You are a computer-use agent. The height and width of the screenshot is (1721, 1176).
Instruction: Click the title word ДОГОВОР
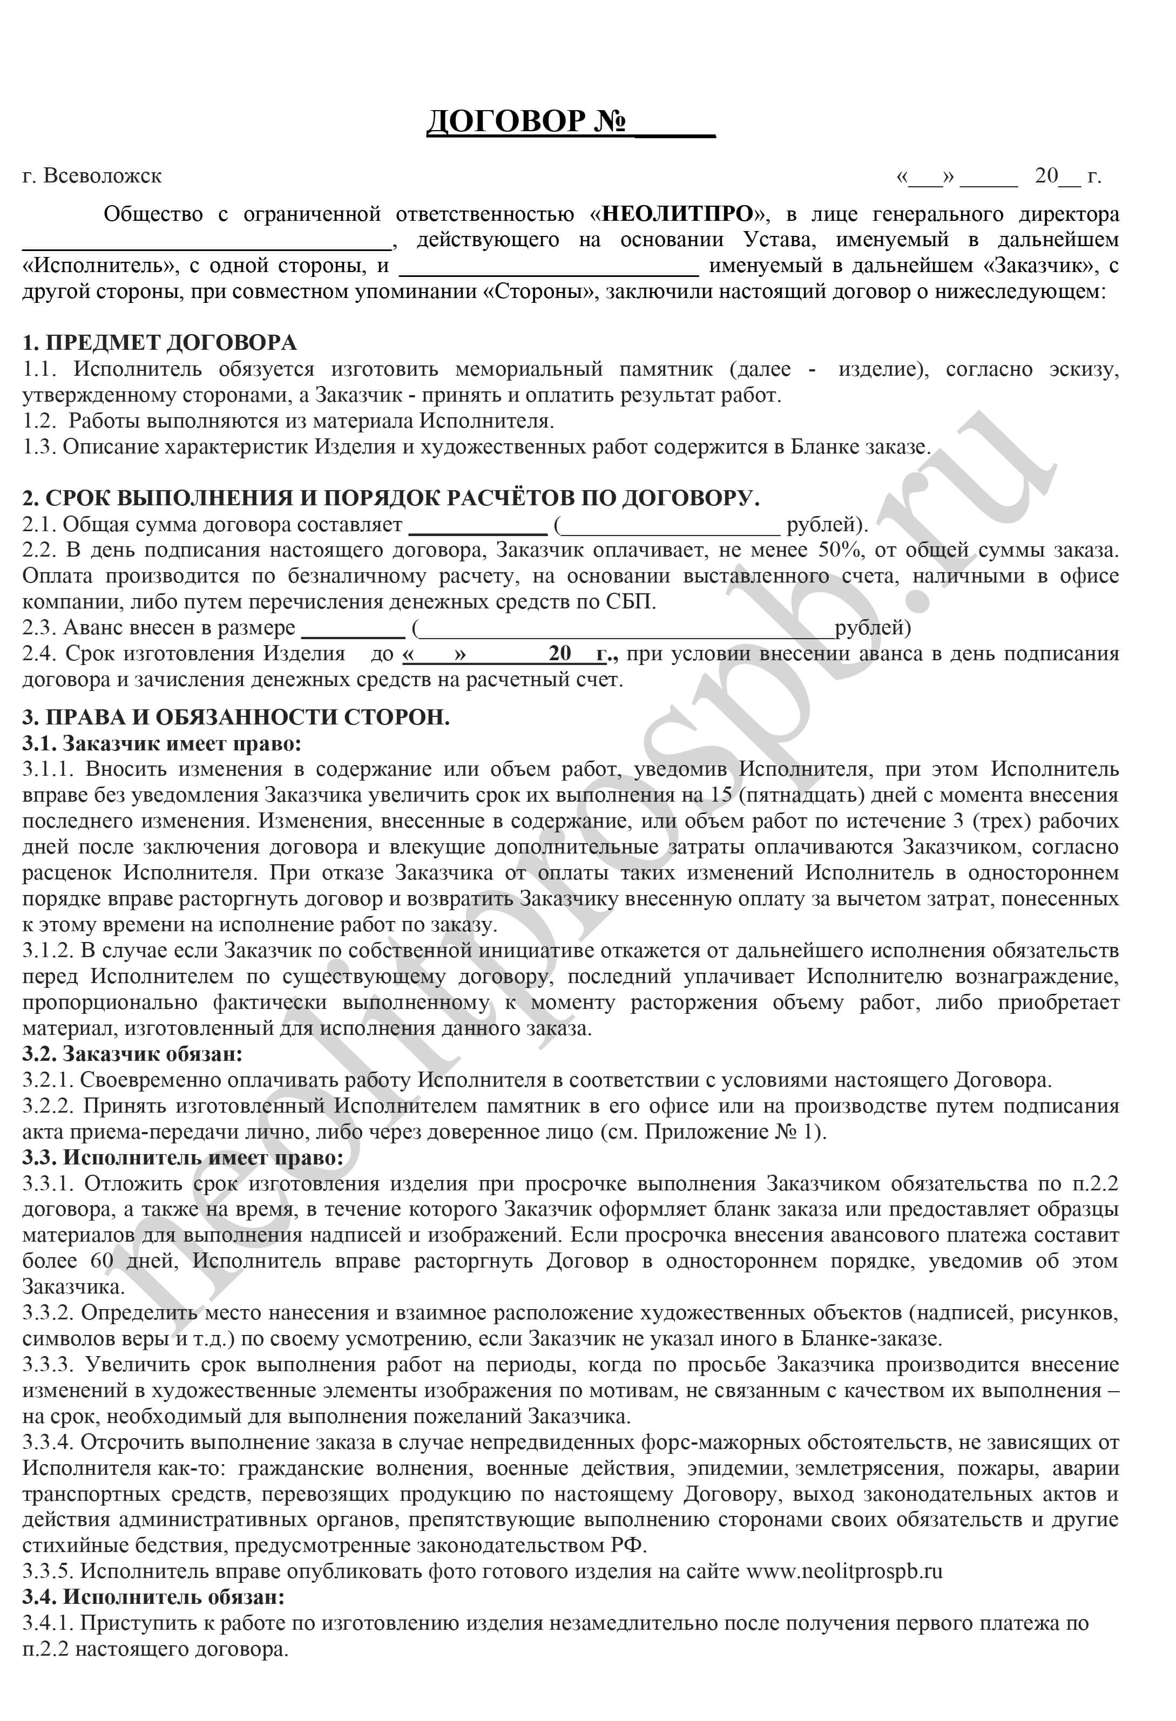click(506, 121)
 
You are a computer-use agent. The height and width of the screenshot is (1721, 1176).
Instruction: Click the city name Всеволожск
click(102, 176)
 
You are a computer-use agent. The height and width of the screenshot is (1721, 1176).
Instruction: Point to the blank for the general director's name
click(207, 245)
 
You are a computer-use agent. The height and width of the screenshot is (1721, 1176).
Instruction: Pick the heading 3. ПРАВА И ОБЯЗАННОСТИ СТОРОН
click(235, 717)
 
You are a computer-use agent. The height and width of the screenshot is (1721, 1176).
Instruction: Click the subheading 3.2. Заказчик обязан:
click(133, 1053)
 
